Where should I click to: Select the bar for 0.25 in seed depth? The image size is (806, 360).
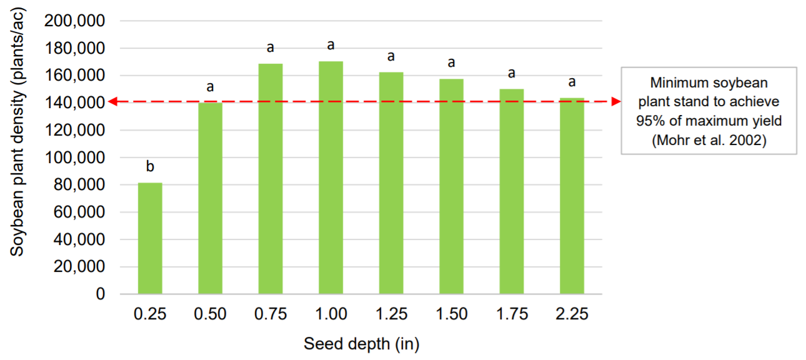[150, 238]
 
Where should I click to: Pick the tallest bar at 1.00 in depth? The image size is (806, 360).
[331, 177]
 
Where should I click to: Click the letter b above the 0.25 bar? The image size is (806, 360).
[150, 166]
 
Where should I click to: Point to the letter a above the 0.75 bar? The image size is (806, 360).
[271, 47]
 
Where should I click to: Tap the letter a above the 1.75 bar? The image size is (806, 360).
[512, 73]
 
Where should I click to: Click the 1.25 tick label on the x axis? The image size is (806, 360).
[391, 314]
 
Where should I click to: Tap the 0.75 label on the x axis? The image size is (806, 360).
[271, 314]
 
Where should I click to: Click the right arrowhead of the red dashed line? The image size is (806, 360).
[615, 101]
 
